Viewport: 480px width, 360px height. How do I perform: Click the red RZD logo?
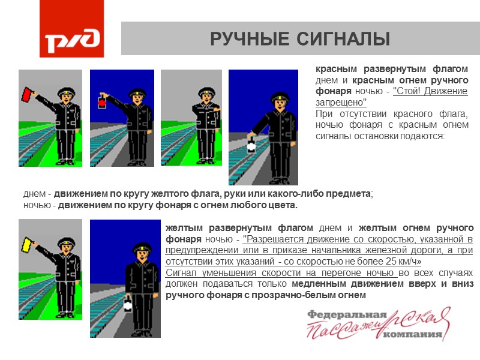(71, 28)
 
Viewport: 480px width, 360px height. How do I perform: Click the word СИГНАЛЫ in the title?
(343, 39)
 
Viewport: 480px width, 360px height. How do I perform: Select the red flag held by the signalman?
(26, 94)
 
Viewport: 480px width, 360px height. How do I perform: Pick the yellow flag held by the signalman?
(26, 245)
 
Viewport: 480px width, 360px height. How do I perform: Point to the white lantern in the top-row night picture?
(251, 145)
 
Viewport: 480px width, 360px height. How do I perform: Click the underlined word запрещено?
(341, 103)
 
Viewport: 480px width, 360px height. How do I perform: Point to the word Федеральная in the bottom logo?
(347, 314)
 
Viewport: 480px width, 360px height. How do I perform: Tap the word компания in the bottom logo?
(413, 334)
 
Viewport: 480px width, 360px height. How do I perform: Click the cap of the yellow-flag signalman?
(67, 242)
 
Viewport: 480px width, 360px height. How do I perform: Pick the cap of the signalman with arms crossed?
(206, 91)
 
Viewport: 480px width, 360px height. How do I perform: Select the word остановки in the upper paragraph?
(379, 136)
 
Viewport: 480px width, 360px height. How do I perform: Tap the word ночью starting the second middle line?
(37, 205)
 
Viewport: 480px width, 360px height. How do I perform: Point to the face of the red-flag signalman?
(67, 97)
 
